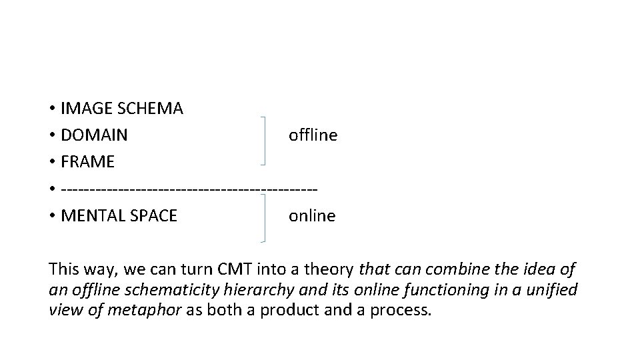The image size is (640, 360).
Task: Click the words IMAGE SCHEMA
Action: pyautogui.click(x=121, y=109)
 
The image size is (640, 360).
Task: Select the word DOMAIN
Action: pyautogui.click(x=94, y=135)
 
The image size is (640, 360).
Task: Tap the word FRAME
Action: pyautogui.click(x=87, y=162)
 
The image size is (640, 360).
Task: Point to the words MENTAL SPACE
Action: pyautogui.click(x=119, y=216)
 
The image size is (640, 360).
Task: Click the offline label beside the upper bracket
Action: pyautogui.click(x=313, y=135)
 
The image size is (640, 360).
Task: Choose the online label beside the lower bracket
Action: pyautogui.click(x=312, y=216)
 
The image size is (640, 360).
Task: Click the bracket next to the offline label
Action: pyautogui.click(x=265, y=140)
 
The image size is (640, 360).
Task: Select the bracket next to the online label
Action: pyautogui.click(x=265, y=217)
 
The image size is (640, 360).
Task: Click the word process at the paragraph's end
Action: pyautogui.click(x=403, y=310)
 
